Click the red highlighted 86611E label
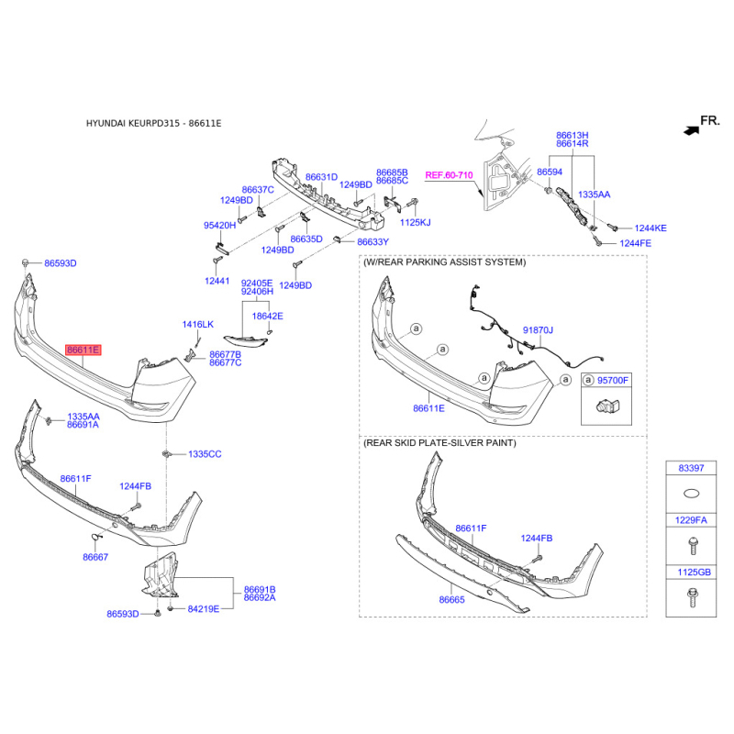point(83,350)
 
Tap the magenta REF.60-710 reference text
point(449,174)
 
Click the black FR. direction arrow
point(689,130)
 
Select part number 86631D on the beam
point(321,177)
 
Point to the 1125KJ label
point(415,222)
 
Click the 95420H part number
point(219,225)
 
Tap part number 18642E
point(268,316)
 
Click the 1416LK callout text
point(197,325)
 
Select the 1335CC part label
point(205,454)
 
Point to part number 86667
point(95,557)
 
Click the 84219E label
point(203,608)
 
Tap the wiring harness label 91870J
point(539,329)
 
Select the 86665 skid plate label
point(452,599)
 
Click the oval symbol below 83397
point(691,494)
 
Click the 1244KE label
point(650,228)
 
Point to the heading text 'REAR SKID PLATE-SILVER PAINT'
point(440,443)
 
